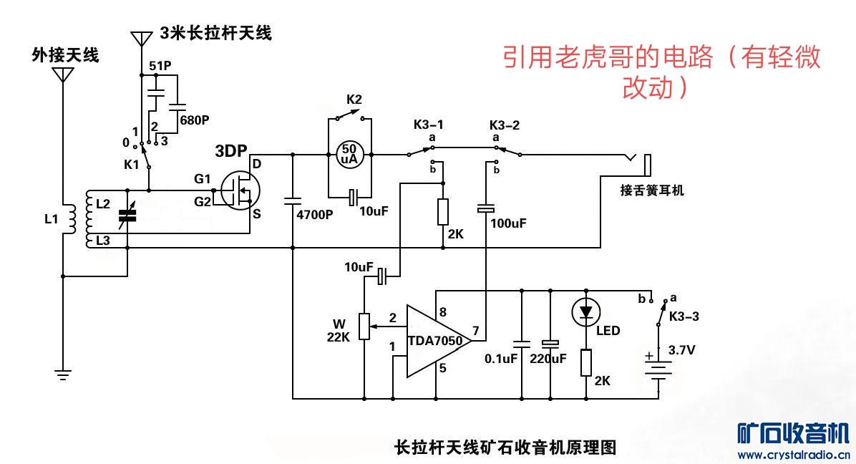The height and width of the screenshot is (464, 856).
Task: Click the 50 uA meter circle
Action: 350,153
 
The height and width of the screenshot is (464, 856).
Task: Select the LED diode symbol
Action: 586,311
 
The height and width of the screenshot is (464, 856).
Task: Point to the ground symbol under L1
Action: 63,373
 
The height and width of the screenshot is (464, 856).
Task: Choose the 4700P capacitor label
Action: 315,214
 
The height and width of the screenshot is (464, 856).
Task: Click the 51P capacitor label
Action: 160,66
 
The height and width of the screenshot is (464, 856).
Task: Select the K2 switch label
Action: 354,99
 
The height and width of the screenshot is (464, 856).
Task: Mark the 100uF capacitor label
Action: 508,223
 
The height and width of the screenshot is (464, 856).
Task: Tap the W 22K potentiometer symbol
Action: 364,326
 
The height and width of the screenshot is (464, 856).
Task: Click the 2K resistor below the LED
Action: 586,362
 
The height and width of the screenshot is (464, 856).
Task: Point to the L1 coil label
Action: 50,219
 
